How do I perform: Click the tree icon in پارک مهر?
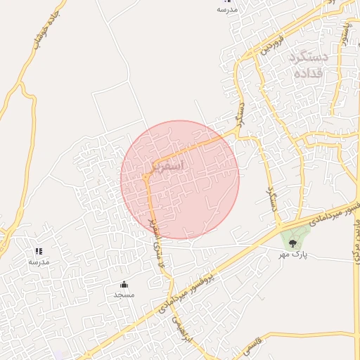point(292,243)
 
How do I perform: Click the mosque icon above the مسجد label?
point(124,284)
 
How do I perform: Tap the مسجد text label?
point(124,295)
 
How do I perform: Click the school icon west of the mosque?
point(39,251)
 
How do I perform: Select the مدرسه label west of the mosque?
point(39,262)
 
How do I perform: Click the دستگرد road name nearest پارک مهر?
point(269,200)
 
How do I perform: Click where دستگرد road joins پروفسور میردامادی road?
point(280,226)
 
